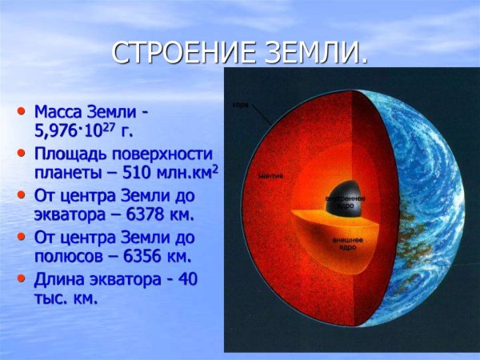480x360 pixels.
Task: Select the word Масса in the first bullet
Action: pos(61,110)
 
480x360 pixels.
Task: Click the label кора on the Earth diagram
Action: pos(240,105)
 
